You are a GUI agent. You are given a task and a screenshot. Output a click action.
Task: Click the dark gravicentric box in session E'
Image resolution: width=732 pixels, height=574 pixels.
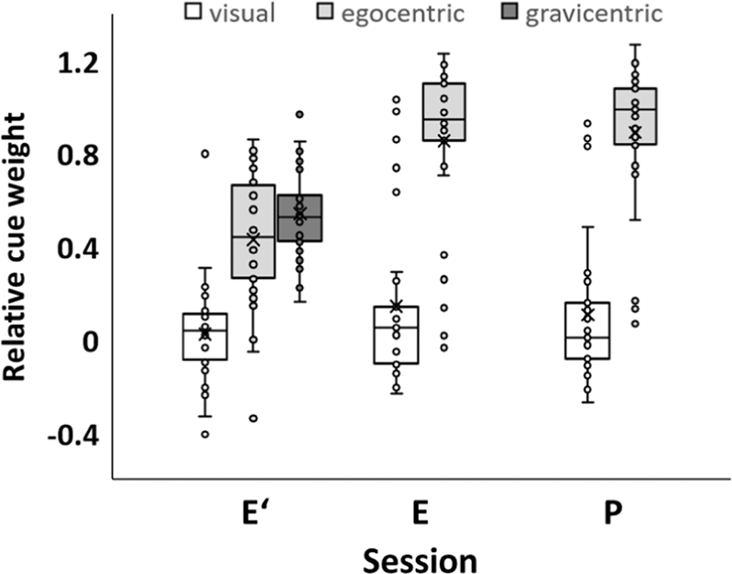(300, 218)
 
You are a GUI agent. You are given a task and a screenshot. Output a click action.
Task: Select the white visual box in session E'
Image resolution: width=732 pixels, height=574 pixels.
(205, 336)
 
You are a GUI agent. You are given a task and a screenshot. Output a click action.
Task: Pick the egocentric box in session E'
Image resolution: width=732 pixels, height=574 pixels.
(254, 232)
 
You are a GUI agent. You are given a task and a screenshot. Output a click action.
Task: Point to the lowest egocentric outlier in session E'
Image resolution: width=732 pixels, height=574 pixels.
(254, 418)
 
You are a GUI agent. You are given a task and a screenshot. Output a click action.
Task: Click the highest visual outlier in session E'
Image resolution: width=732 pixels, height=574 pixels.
(205, 153)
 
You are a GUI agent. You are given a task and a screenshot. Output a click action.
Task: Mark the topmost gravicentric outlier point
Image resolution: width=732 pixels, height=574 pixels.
(300, 114)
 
